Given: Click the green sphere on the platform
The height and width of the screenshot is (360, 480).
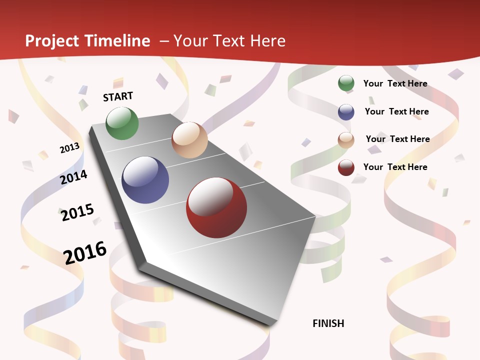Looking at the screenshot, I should (122, 123).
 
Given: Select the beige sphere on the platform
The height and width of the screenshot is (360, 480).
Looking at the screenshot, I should (189, 140).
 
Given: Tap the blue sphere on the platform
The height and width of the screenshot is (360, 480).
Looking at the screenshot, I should (145, 180).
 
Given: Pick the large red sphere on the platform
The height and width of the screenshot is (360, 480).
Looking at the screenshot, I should (216, 207).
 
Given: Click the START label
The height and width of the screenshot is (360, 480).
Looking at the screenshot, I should (118, 96).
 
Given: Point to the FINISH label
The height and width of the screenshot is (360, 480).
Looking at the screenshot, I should (328, 323).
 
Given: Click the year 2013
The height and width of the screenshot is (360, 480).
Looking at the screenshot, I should (70, 148).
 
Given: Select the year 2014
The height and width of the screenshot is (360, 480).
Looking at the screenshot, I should (74, 177).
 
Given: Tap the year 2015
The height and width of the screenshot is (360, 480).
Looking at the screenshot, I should (77, 212).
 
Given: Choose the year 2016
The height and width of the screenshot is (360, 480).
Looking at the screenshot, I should (85, 252).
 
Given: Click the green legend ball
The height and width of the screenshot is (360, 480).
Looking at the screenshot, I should (346, 83).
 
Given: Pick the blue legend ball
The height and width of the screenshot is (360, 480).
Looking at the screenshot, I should (346, 112).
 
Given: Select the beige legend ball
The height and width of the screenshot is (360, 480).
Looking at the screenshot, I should (346, 140).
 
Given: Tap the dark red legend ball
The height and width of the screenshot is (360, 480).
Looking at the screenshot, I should (346, 167).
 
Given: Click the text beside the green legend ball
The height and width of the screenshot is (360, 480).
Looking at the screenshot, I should (395, 83).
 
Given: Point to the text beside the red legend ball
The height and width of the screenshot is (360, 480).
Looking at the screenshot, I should (395, 167).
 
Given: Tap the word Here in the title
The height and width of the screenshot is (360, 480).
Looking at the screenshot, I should (267, 41).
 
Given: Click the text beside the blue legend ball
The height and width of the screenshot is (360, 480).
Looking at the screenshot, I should (396, 111).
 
